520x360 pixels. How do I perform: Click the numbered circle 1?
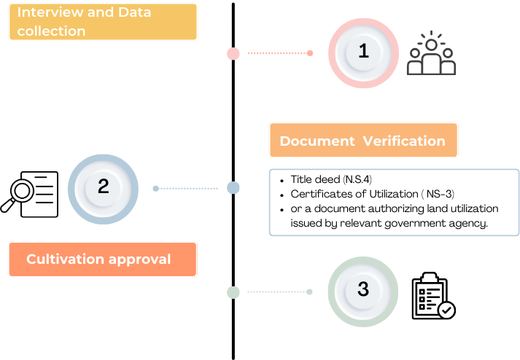coord(363,53)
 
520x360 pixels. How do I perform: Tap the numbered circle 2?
coord(103,189)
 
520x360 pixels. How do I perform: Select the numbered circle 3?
coord(363,291)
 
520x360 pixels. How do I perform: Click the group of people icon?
coord(431,53)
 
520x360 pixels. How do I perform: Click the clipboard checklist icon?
coord(433,296)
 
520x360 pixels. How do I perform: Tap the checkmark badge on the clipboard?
coord(446,310)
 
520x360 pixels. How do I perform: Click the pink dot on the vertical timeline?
coord(233,53)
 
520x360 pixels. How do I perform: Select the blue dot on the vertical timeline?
coord(233,187)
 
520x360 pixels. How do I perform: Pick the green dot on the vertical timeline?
coord(233,292)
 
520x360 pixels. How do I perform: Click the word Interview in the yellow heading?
coord(50,12)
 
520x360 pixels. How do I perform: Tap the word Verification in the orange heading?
coord(404,141)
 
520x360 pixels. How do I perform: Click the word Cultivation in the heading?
coord(65,259)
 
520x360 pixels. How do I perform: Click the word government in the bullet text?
coord(414,224)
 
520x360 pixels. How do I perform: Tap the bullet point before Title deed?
coord(282,181)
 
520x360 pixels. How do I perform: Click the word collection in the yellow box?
coord(51,31)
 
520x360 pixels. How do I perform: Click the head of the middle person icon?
coord(431,45)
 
